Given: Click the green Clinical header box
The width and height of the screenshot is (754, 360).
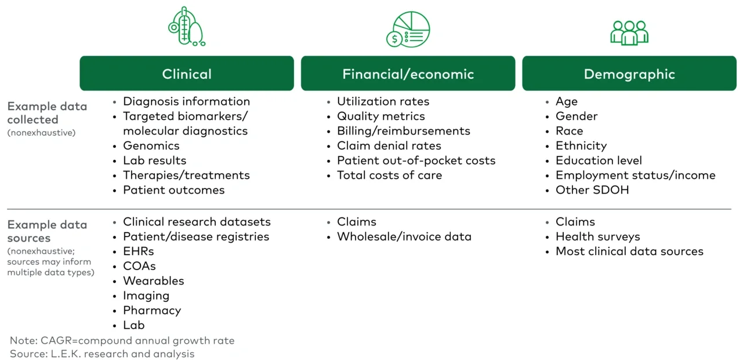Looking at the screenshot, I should pos(187,74).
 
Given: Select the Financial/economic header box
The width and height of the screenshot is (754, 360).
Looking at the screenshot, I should pos(408,74).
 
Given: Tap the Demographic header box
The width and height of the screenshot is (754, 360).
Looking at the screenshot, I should pos(629,74).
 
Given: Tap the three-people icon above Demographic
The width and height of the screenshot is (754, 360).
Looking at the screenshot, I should pos(629,32).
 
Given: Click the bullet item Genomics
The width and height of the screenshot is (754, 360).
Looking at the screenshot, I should pos(151,146).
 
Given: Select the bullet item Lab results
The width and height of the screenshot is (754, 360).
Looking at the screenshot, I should pos(154,161).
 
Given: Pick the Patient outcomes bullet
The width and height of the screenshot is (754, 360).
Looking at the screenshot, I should pos(173,190).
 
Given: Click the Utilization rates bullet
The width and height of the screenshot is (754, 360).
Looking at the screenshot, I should pos(383,101).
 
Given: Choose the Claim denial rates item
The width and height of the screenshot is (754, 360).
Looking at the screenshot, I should pos(389,146).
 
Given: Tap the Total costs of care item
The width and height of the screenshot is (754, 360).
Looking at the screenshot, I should pos(389,175).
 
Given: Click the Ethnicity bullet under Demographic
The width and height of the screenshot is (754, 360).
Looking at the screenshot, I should pos(581,146).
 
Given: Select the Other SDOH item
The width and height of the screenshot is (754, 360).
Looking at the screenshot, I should pos(592,190).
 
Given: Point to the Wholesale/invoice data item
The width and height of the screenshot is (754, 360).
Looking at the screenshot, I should pos(404,237).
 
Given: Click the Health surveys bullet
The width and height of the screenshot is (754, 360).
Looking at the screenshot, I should pos(597,237).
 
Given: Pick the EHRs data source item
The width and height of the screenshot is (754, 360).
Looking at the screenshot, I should pos(138,252).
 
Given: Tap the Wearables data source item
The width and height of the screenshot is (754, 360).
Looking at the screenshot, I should pos(153,281).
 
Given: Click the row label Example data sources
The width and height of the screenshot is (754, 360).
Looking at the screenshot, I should pos(47,231).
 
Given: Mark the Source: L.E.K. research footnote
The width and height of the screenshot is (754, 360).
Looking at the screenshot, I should pos(102,354).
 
